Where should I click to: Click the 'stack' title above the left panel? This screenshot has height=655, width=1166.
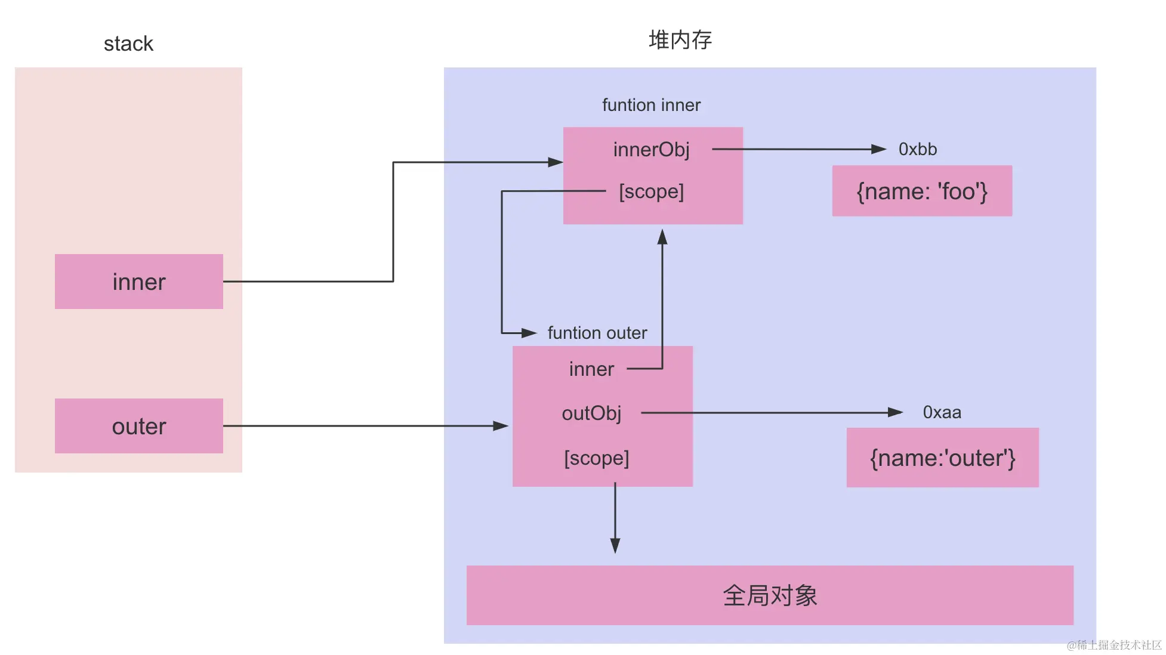click(128, 44)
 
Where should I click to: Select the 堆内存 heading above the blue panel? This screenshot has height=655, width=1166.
click(680, 40)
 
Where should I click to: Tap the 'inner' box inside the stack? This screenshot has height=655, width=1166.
click(138, 282)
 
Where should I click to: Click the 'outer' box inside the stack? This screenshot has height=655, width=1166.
click(138, 426)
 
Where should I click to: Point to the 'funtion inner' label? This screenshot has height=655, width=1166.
click(651, 105)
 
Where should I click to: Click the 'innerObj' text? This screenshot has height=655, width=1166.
click(651, 149)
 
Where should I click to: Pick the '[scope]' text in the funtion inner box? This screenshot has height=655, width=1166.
click(651, 191)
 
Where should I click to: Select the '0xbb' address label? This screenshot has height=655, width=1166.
click(917, 149)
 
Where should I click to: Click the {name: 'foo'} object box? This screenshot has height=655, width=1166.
click(921, 191)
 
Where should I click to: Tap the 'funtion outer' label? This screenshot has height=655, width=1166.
click(597, 333)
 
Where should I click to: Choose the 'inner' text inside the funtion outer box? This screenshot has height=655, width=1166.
click(591, 369)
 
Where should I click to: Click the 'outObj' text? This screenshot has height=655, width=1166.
click(591, 413)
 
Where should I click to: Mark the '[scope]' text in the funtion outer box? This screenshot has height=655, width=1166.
click(596, 458)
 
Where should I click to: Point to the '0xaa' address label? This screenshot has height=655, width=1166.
click(942, 412)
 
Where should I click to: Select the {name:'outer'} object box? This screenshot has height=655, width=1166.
click(942, 458)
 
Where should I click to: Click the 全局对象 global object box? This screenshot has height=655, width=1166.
click(769, 595)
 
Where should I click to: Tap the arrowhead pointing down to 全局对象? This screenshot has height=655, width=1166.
click(615, 545)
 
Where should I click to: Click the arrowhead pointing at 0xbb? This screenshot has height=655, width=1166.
click(878, 149)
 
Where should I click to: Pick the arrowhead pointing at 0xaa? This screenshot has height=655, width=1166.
click(894, 412)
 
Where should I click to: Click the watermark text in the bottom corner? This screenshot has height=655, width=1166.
click(1113, 645)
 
